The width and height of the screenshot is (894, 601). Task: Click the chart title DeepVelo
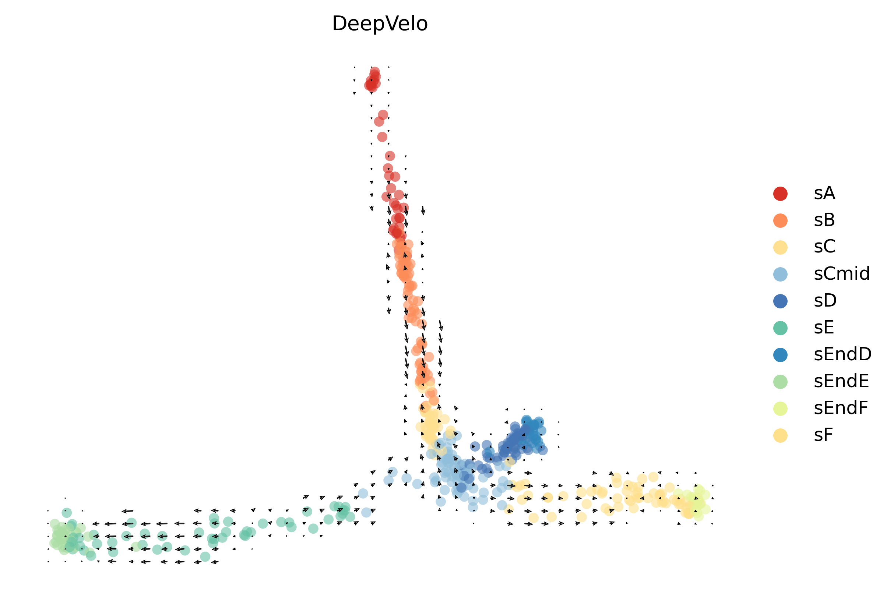point(380,24)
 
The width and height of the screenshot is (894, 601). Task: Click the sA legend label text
point(824,193)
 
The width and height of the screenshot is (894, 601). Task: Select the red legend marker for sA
point(780,194)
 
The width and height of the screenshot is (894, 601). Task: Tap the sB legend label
point(824,220)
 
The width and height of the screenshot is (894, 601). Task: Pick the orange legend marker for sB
point(780,220)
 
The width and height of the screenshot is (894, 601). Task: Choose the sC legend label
point(824,247)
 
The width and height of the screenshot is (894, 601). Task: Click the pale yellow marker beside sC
point(780,247)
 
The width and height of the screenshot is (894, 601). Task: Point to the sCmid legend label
point(841,274)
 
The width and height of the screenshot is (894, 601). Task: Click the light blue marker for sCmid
point(780,275)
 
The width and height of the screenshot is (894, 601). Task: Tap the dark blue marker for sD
point(780,301)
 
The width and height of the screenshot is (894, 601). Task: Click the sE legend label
point(824,328)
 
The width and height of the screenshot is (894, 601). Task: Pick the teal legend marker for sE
point(780,328)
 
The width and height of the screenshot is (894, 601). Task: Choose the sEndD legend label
point(842,354)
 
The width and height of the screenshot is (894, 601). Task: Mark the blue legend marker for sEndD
point(780,355)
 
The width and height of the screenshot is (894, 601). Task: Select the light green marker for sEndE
point(780,382)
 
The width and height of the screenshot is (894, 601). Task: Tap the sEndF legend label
point(841,408)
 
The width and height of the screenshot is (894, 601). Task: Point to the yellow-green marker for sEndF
point(780,409)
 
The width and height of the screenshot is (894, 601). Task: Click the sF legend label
point(823,435)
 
